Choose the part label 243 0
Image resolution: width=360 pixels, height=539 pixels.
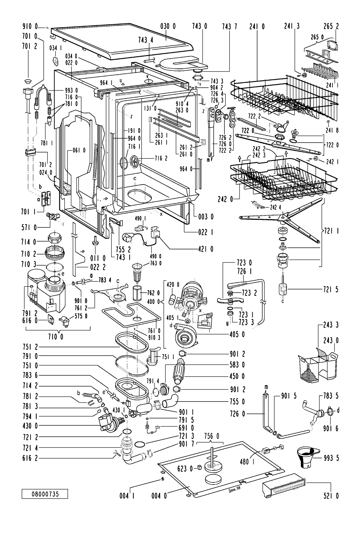pos(331,341)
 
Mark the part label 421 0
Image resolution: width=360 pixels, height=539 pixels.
pos(205,249)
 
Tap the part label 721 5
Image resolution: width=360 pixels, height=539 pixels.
pos(331,289)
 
